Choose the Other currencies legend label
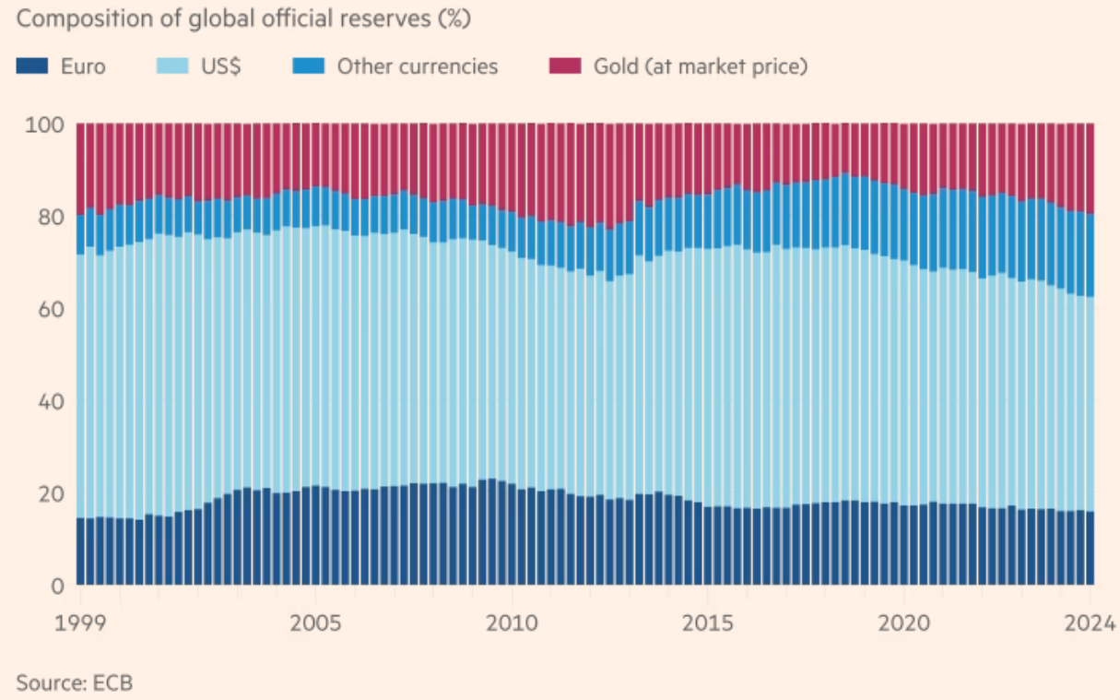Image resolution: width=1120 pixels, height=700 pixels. click(417, 66)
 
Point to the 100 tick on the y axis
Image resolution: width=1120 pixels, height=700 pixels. click(44, 125)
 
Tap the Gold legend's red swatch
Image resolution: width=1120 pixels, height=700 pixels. click(565, 66)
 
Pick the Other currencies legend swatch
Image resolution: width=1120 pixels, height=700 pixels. click(308, 66)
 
